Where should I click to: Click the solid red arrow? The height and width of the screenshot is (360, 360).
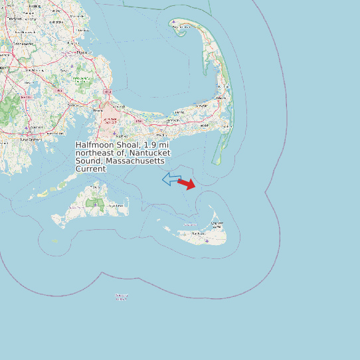187,184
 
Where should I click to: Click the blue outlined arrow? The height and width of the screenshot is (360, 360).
171,179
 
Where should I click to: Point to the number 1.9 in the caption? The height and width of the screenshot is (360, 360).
150,145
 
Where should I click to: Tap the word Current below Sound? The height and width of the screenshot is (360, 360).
90,169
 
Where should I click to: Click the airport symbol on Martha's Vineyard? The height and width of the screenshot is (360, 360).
95,205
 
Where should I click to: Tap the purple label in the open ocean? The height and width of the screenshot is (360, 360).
121,297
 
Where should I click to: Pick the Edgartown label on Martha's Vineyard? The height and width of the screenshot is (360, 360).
117,206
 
